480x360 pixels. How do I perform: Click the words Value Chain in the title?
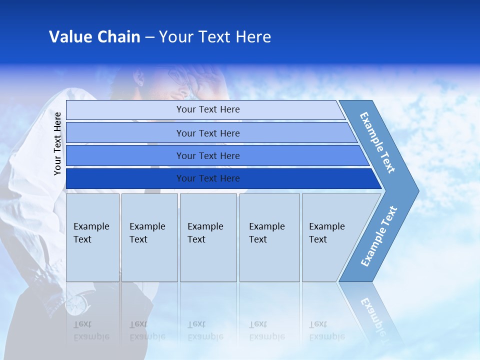click(94, 37)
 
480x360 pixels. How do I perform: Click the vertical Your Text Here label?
click(58, 143)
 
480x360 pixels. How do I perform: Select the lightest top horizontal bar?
click(207, 109)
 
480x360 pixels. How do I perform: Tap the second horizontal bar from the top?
click(207, 133)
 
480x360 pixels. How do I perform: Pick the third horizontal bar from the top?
click(207, 155)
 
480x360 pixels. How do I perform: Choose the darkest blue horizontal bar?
click(207, 178)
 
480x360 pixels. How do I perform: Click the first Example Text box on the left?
click(92, 237)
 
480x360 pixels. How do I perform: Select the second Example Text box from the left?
click(149, 237)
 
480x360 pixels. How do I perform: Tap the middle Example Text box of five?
click(208, 237)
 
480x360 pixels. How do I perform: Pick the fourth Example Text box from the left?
click(269, 237)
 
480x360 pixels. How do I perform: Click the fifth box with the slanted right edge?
click(330, 237)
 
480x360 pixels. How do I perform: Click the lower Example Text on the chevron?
click(378, 236)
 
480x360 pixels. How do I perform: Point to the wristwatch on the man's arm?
click(76, 303)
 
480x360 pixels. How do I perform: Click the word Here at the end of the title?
click(253, 37)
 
